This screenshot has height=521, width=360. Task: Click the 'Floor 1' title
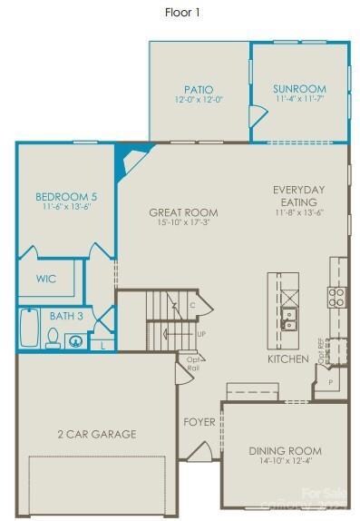point(182,12)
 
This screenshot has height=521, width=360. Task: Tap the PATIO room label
point(198,89)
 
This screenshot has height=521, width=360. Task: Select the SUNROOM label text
point(298,89)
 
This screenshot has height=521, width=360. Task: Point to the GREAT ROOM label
point(184,212)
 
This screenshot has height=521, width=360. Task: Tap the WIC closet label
point(45,279)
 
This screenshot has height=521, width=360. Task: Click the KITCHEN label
point(288,359)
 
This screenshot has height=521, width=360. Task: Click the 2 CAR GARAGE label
point(96,434)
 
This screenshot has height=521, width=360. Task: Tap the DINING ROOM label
point(285,450)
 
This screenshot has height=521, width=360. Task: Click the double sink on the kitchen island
point(289,319)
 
